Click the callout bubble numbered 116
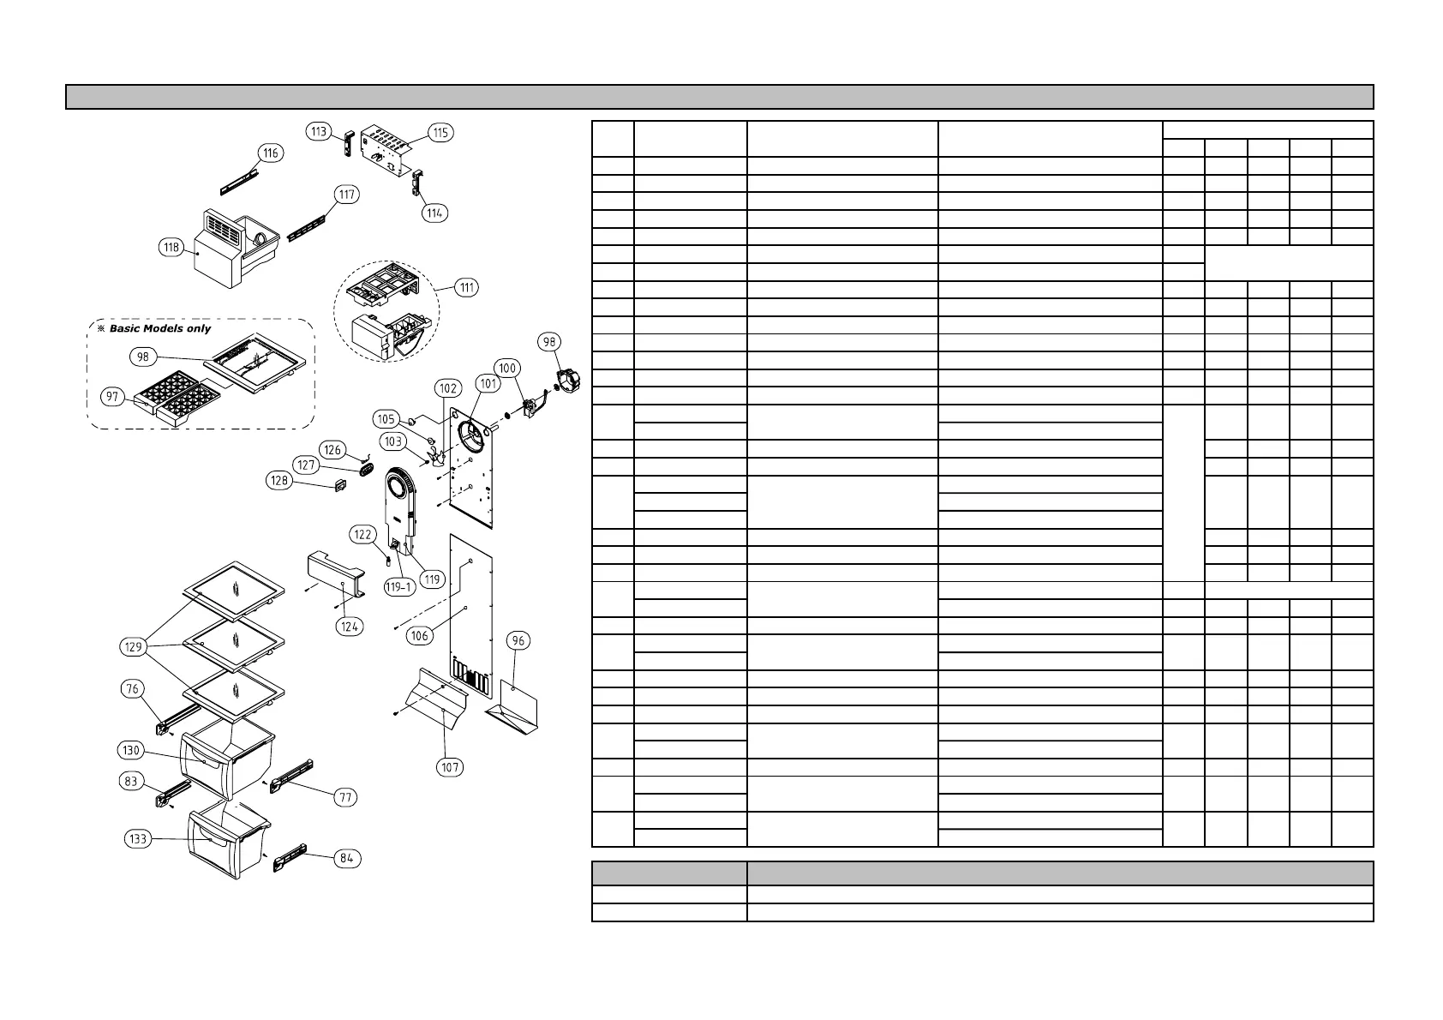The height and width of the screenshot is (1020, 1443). (271, 153)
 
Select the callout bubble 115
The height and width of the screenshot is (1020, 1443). (440, 133)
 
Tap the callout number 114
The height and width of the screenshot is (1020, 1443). (434, 213)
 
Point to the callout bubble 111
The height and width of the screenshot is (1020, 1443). (466, 287)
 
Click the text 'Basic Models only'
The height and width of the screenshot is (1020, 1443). (159, 329)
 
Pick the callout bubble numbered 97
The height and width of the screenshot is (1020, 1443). (112, 397)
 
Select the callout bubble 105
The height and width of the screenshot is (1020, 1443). (386, 419)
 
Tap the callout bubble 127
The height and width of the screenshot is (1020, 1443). (306, 465)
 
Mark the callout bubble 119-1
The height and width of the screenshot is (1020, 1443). (398, 587)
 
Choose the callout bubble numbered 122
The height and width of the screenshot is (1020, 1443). (362, 535)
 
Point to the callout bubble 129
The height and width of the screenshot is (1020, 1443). (134, 647)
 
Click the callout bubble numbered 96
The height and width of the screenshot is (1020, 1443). (517, 640)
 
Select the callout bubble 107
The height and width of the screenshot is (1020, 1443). (451, 767)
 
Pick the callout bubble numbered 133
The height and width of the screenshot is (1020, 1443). (138, 838)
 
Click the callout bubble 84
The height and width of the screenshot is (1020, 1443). (347, 858)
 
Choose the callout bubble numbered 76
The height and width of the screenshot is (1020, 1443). (132, 689)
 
